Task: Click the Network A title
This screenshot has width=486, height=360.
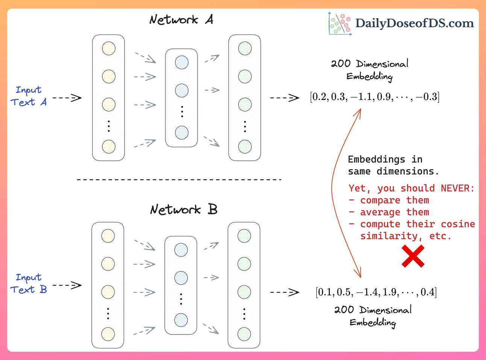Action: [x=181, y=20]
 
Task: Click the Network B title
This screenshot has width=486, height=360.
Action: [x=184, y=209]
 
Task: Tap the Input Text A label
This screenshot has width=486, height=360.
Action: [x=29, y=96]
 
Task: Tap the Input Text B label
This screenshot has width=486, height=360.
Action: [x=29, y=284]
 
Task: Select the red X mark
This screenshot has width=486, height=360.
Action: [x=413, y=256]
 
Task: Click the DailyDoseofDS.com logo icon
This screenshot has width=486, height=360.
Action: [x=340, y=24]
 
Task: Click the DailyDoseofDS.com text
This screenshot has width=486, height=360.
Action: [x=415, y=23]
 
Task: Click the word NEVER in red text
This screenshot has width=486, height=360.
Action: [x=457, y=188]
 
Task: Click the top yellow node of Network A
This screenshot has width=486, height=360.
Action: [x=109, y=48]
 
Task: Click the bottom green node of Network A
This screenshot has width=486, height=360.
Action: [x=245, y=147]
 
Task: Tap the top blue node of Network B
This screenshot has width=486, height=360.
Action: [x=181, y=250]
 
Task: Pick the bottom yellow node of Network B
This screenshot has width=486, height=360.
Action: [x=108, y=334]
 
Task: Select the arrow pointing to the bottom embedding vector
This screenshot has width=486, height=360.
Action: [x=284, y=292]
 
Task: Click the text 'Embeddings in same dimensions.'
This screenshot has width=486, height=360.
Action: [x=393, y=165]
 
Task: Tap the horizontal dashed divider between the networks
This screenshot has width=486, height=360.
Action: [x=179, y=180]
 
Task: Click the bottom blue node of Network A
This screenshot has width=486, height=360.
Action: [x=182, y=133]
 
